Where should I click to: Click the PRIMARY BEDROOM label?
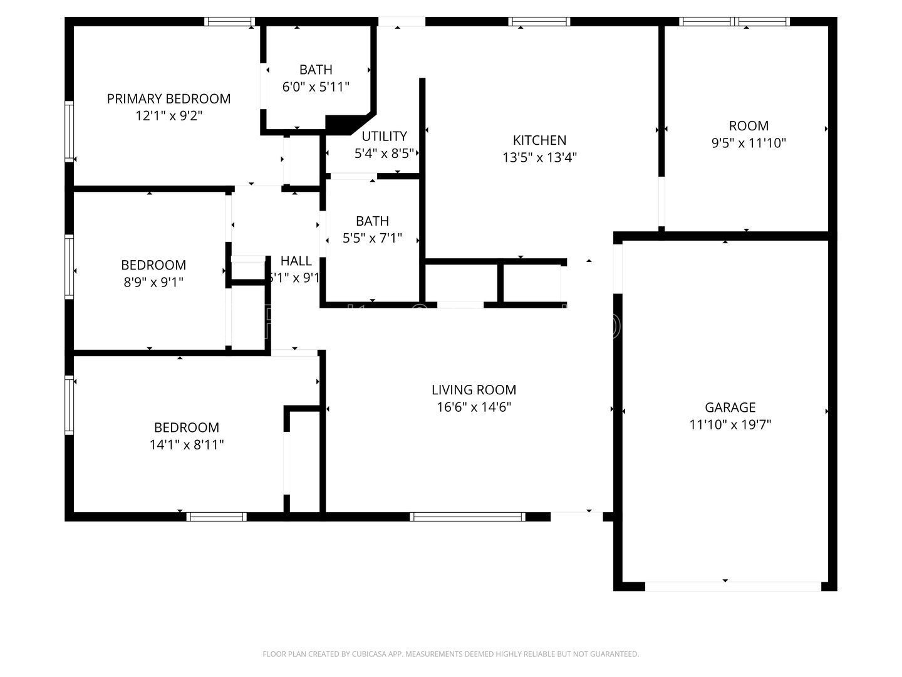point(168,98)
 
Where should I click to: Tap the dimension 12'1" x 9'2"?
point(168,116)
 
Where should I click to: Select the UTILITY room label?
point(384,136)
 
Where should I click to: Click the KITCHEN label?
point(539,140)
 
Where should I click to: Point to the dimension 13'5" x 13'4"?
point(539,157)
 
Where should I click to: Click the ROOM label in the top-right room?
point(749,125)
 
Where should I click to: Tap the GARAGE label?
point(730,407)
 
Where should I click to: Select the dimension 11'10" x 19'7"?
point(730,424)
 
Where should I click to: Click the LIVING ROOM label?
point(474,390)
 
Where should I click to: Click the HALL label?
point(296,261)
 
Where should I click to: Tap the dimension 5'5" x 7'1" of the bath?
point(372,238)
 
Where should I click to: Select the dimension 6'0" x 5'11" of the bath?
point(316,87)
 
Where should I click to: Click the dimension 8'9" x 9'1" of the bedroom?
point(153,282)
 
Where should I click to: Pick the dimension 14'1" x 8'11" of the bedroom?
point(187,445)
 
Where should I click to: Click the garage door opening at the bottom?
point(732,587)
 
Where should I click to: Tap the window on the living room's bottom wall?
point(467,517)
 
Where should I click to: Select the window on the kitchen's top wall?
point(539,21)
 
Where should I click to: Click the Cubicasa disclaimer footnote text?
point(450,654)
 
